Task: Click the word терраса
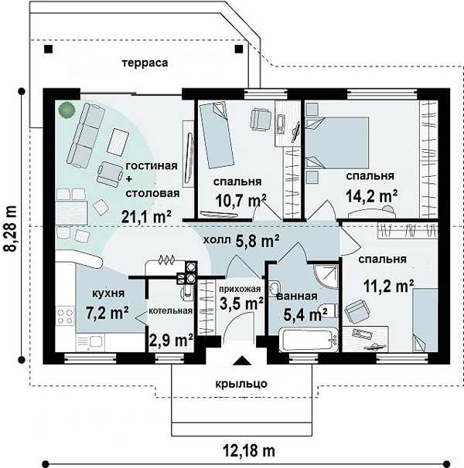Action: click(145, 63)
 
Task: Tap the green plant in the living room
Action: click(67, 110)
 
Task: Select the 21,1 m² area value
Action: click(146, 216)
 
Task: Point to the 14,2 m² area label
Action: click(372, 196)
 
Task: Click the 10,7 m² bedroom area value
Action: click(241, 200)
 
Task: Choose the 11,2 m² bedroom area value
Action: click(388, 287)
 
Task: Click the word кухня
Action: click(108, 293)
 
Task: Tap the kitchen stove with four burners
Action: click(65, 317)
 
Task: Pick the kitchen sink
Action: click(90, 342)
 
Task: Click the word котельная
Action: click(170, 310)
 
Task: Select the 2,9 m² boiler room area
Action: click(171, 340)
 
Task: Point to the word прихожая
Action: click(240, 289)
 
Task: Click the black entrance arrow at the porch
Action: click(242, 361)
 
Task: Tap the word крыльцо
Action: click(241, 384)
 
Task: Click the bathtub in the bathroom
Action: click(309, 340)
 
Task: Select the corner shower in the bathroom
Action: click(326, 276)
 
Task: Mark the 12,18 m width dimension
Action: click(249, 451)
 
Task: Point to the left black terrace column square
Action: click(48, 49)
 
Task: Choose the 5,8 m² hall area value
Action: click(258, 241)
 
